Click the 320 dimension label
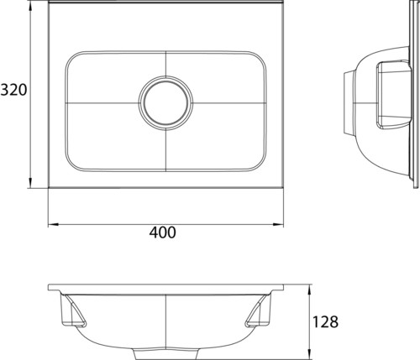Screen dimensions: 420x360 [x=13, y=90]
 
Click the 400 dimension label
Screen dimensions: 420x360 [x=163, y=232]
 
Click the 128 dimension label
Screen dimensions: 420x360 [x=325, y=321]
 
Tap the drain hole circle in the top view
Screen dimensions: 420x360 [x=166, y=103]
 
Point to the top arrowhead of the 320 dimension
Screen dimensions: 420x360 [x=30, y=8]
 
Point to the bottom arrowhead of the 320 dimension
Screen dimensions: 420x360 [x=30, y=182]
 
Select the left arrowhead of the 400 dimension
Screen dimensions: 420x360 [x=54, y=224]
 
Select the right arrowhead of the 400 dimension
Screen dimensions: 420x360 [x=278, y=224]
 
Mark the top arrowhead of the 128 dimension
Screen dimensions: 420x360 [x=309, y=290]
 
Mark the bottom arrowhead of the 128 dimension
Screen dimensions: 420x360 [x=309, y=354]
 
